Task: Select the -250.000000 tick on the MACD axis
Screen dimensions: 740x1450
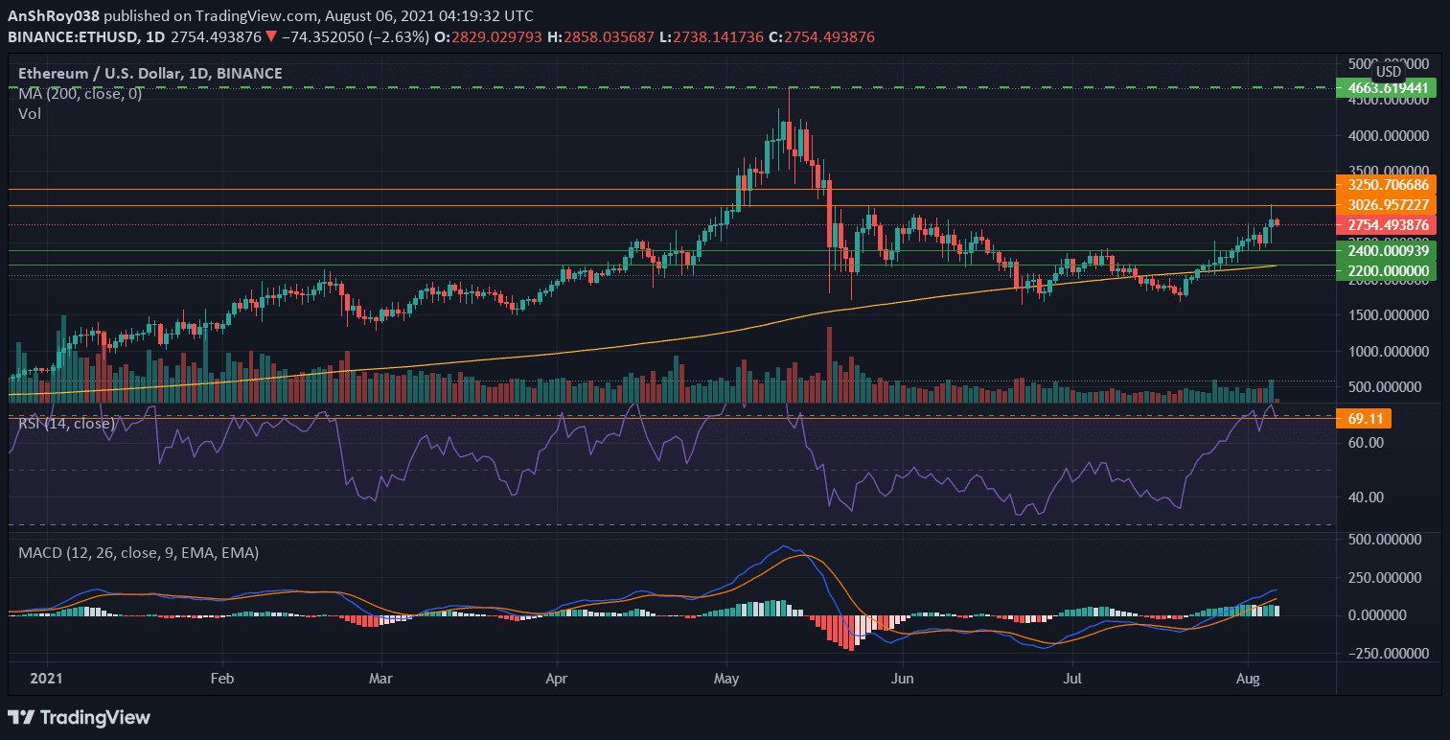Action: [x=1388, y=654]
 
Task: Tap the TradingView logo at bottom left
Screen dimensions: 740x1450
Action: [x=79, y=717]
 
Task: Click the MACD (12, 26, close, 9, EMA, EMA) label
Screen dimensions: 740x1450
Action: [x=138, y=552]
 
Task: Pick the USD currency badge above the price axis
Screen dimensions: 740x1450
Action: [x=1388, y=72]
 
